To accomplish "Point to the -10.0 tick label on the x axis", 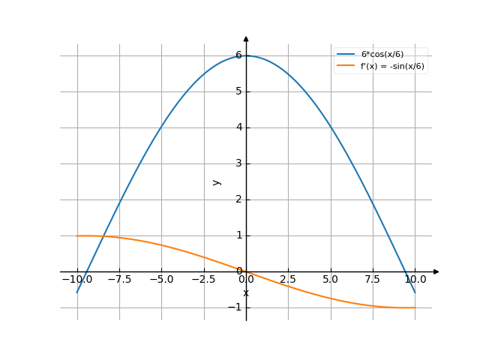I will click(76, 279).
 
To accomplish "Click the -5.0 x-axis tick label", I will click(162, 279).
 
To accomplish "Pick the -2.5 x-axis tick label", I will click(204, 279).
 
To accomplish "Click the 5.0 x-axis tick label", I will click(331, 279).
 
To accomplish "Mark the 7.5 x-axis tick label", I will click(373, 279).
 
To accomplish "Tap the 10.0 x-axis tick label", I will click(415, 279).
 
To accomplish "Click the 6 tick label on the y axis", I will click(238, 55).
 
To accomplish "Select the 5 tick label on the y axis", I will click(238, 91).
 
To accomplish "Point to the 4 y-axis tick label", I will click(238, 127).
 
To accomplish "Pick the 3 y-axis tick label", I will click(238, 163).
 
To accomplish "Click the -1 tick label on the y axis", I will click(235, 307).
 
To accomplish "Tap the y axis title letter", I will click(217, 181).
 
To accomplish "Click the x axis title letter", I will click(246, 292).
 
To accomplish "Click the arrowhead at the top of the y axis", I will click(246, 39).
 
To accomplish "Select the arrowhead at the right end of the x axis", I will click(436, 271).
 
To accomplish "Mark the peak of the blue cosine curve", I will click(246, 55).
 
